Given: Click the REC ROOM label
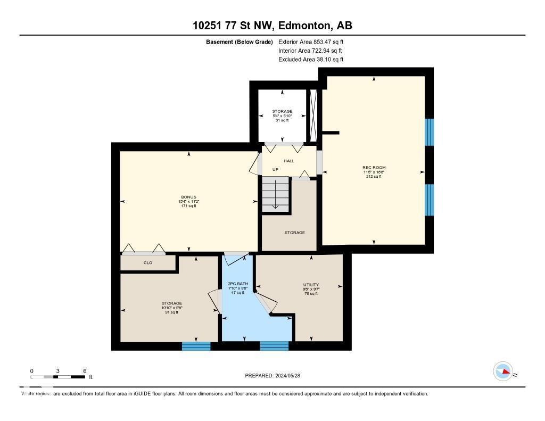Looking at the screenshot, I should (373, 167).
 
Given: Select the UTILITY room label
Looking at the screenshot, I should (311, 285).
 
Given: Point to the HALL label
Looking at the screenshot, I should (288, 161).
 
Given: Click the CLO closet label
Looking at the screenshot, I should (148, 262).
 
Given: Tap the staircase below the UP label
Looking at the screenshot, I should (275, 194).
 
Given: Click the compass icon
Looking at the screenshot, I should (503, 371).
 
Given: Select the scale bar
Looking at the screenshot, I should (58, 377).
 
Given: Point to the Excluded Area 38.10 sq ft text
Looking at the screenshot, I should (311, 60).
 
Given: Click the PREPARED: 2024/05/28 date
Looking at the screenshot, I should (272, 376).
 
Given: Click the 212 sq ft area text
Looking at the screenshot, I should (373, 177).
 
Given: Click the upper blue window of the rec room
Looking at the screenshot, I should (430, 132).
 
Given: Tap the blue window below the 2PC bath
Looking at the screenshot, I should (274, 346).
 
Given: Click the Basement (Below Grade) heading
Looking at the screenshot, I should (240, 42).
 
